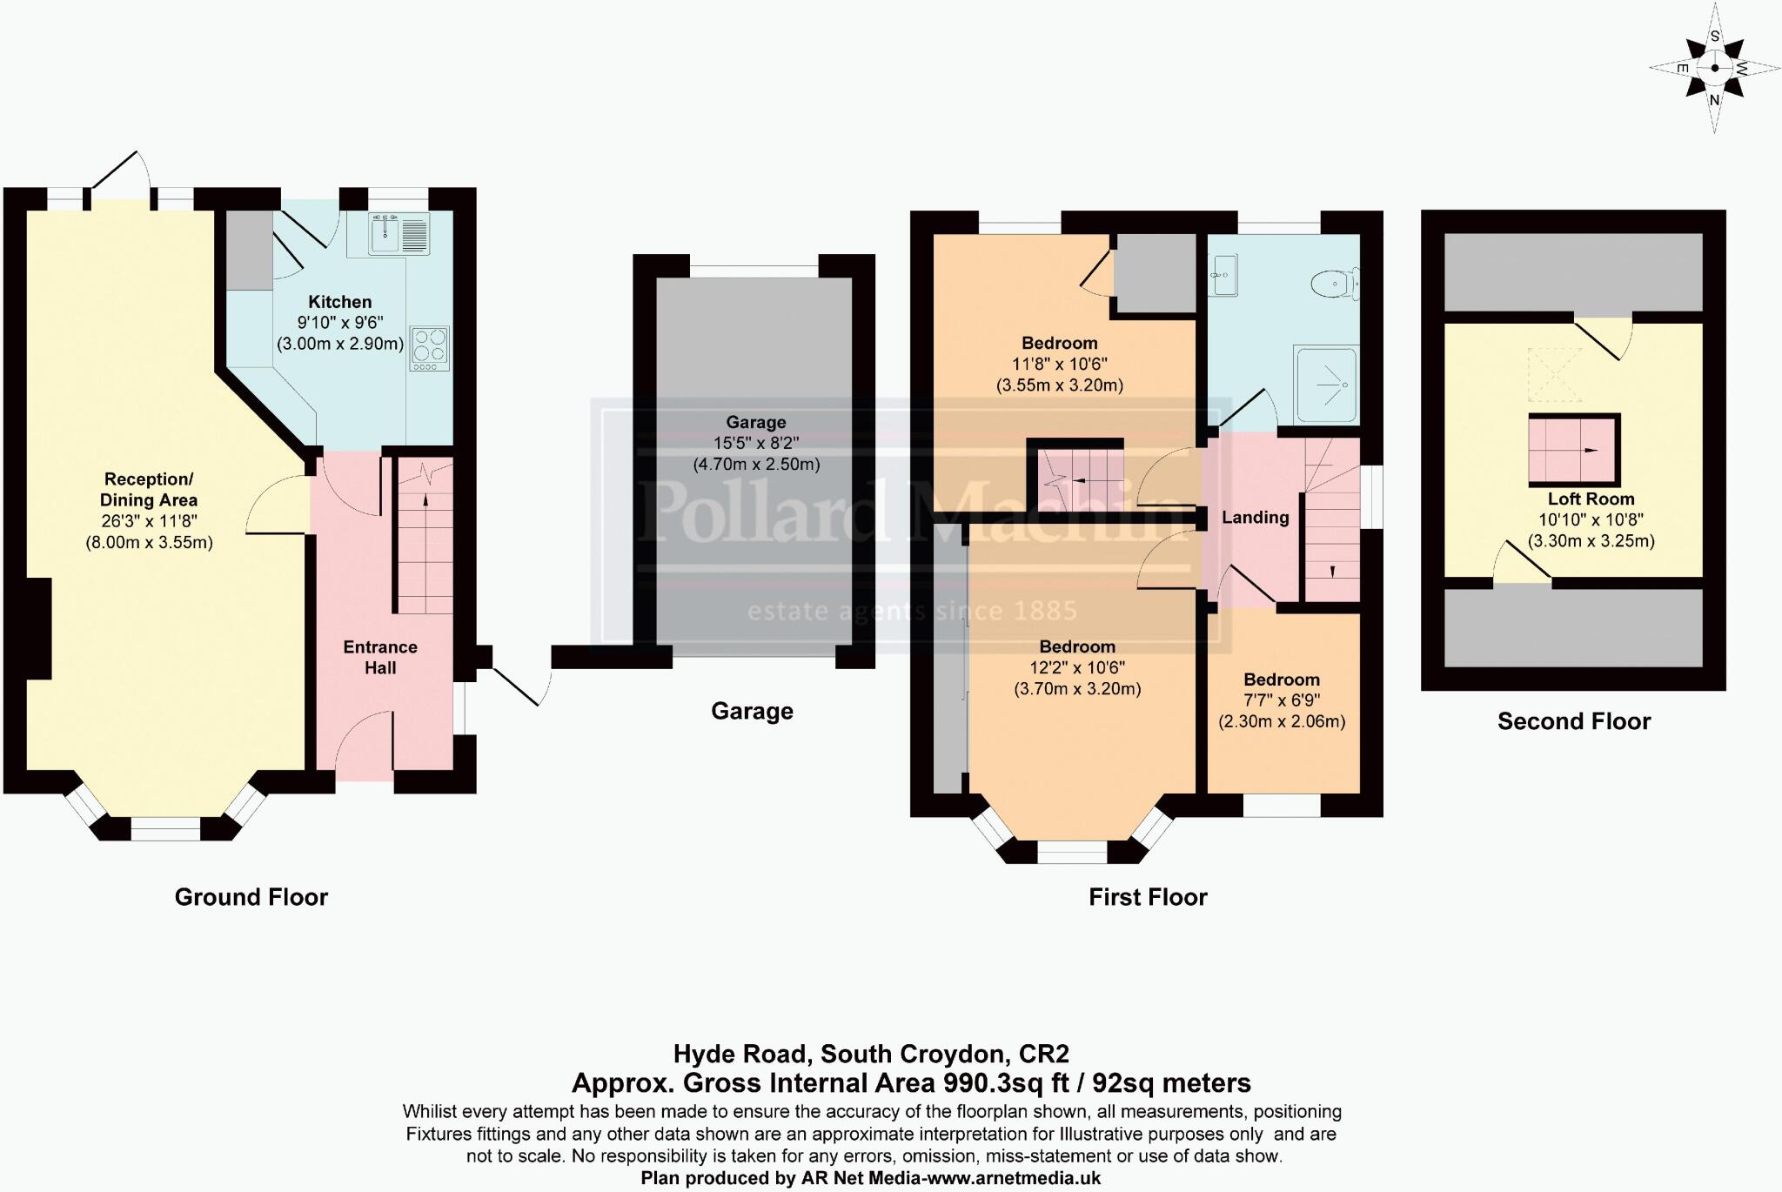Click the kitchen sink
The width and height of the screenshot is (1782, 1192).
(399, 233)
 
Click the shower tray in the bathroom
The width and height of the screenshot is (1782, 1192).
(1326, 385)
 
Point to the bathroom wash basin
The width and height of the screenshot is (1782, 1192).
(1223, 276)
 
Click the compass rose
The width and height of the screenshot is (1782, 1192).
(1714, 68)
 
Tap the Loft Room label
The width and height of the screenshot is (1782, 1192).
(1591, 499)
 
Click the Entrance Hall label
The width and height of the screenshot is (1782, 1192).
(380, 657)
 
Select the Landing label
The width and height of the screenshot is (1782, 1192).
(1255, 518)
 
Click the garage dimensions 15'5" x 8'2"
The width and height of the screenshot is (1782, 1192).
(755, 444)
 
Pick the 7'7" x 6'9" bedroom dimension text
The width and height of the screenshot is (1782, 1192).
(1281, 700)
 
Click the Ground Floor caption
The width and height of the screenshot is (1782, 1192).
(251, 897)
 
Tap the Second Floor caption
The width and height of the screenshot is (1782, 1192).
(1573, 721)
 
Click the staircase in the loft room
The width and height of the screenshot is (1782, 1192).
(1574, 450)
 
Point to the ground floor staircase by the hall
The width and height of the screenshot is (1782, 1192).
(425, 539)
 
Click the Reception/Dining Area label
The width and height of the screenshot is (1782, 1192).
(149, 490)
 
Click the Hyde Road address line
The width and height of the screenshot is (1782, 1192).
(870, 1055)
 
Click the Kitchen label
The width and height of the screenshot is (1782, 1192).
(339, 302)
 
